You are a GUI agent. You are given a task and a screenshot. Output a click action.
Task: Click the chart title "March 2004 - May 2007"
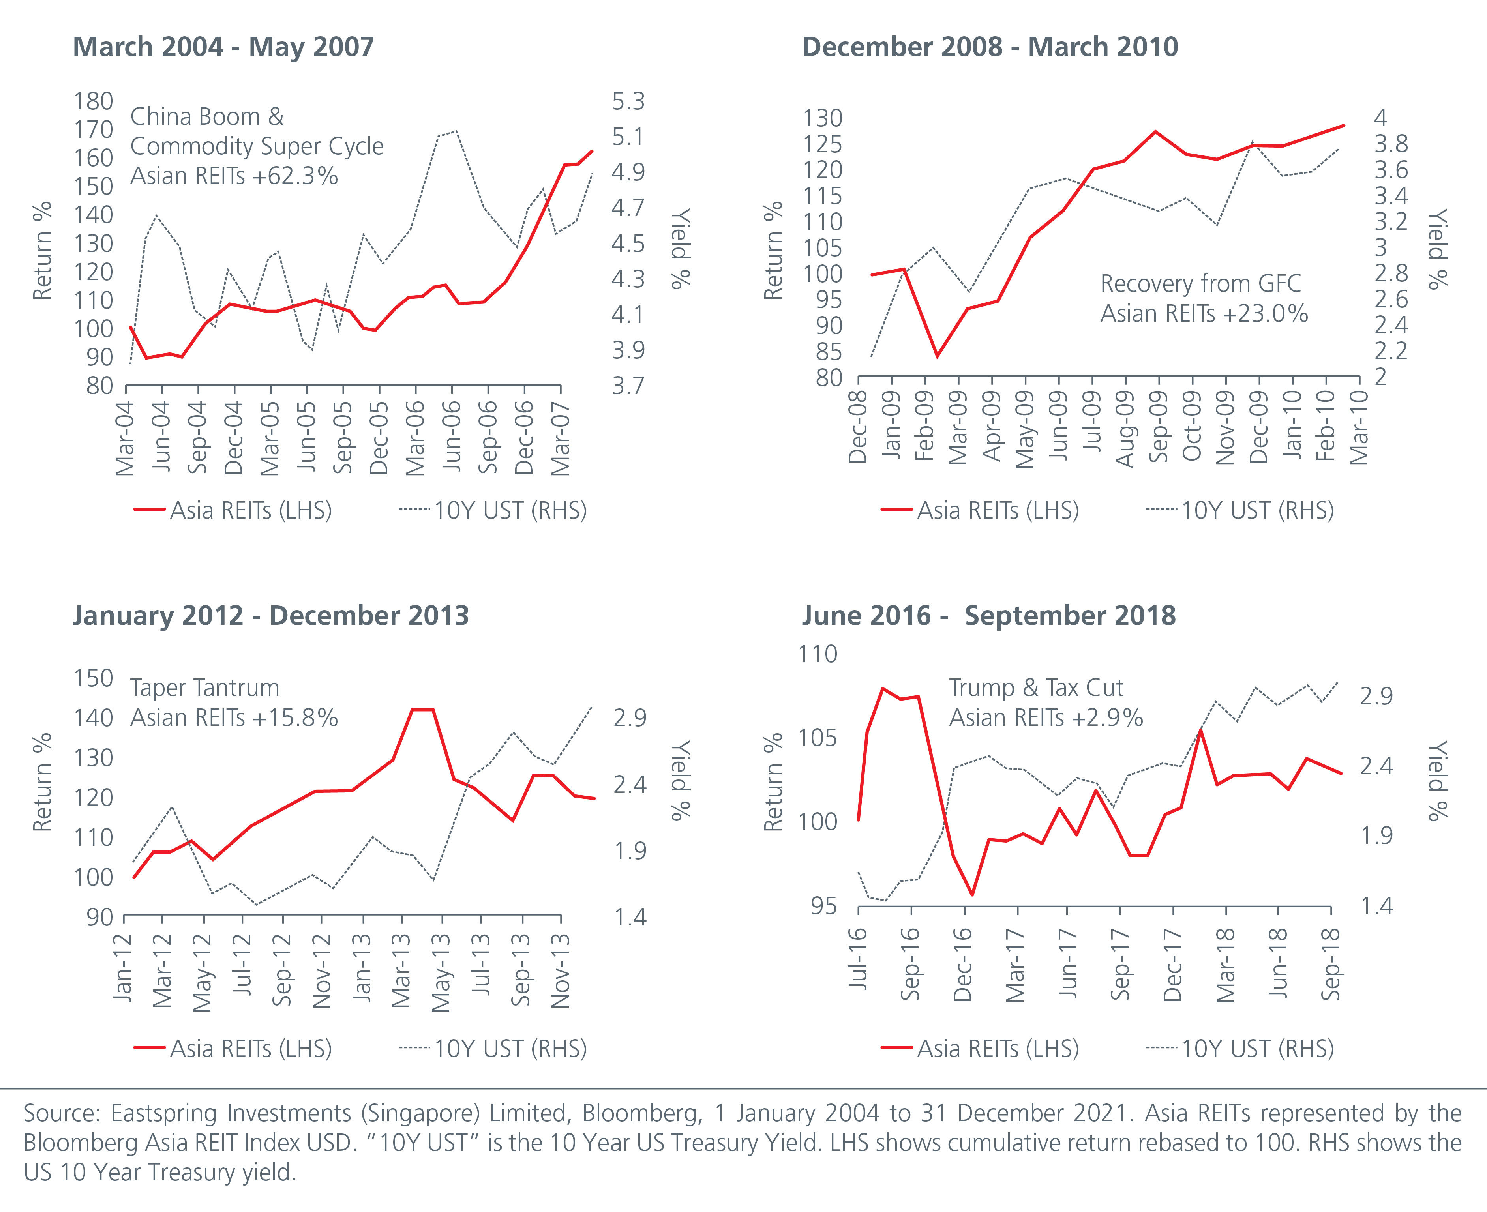pyautogui.click(x=223, y=47)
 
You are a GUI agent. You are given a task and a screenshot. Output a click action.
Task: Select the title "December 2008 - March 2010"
pyautogui.click(x=990, y=47)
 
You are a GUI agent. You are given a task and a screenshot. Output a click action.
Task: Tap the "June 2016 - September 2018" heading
pyautogui.click(x=988, y=616)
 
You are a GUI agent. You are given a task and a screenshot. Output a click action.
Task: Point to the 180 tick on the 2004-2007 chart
pyautogui.click(x=94, y=101)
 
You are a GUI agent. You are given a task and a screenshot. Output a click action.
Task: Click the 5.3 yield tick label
pyautogui.click(x=628, y=101)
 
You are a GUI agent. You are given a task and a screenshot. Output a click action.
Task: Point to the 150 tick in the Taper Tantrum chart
pyautogui.click(x=94, y=678)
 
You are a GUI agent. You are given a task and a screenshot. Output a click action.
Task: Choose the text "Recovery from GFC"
pyautogui.click(x=1201, y=283)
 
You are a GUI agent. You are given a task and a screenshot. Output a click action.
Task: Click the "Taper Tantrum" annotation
pyautogui.click(x=204, y=687)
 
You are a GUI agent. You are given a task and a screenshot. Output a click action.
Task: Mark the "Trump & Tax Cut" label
pyautogui.click(x=1036, y=687)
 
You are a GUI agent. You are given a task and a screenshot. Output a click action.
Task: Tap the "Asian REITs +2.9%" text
pyautogui.click(x=1046, y=718)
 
